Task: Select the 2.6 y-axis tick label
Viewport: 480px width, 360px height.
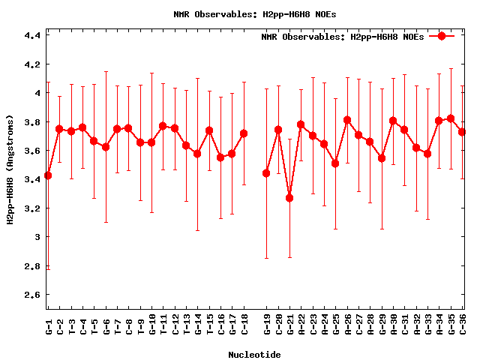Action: (31, 295)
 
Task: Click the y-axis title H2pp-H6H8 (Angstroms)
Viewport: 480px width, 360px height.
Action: (10, 169)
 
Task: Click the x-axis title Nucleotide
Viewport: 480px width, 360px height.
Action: (255, 355)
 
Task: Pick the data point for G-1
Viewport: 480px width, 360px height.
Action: (48, 175)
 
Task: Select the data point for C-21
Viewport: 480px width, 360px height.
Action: (289, 198)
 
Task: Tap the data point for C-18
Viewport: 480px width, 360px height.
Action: (244, 133)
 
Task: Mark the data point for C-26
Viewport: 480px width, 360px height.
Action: (347, 120)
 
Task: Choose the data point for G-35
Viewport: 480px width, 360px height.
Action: (451, 118)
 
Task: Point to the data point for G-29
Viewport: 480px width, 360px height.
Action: (382, 158)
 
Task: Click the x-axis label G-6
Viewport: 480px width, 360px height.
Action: (106, 326)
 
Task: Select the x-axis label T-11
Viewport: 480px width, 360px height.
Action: (163, 326)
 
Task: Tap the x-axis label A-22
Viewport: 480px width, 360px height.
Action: (301, 326)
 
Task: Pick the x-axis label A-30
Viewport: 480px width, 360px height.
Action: (393, 326)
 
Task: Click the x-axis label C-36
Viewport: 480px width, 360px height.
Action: (463, 326)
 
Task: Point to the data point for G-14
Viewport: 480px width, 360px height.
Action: (197, 154)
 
